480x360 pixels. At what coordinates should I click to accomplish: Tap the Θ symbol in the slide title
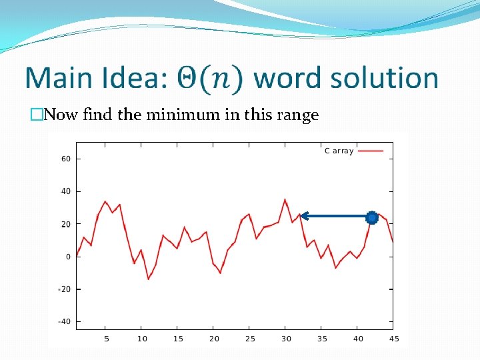tap(188, 79)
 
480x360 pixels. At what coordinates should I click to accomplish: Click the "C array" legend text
tap(339, 151)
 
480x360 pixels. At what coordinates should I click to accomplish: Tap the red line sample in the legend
tap(371, 151)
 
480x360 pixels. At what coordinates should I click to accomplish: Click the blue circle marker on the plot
tap(372, 217)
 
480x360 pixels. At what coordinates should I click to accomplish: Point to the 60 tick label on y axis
tap(66, 159)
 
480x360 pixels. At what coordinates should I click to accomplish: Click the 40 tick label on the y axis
tap(66, 192)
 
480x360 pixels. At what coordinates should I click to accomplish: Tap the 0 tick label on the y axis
tap(68, 257)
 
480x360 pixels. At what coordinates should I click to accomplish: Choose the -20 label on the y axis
tap(64, 289)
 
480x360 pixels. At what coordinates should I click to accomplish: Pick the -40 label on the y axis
tap(64, 322)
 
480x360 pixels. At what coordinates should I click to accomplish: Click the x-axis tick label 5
tap(106, 339)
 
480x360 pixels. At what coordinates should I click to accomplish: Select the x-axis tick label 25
tap(250, 339)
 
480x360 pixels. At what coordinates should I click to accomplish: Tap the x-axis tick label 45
tap(394, 339)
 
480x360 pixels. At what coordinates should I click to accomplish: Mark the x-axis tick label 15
tap(178, 339)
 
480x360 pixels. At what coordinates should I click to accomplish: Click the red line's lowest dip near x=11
tap(148, 279)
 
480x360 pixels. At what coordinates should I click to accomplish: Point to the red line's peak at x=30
tap(285, 199)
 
